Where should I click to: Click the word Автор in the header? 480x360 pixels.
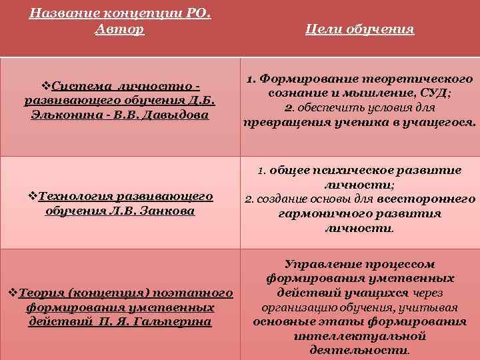pyautogui.click(x=120, y=30)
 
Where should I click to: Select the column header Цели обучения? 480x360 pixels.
pyautogui.click(x=359, y=29)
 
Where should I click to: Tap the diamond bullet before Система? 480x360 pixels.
pyautogui.click(x=46, y=85)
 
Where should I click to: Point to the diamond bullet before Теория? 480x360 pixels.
pyautogui.click(x=11, y=293)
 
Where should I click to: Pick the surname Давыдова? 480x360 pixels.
pyautogui.click(x=181, y=115)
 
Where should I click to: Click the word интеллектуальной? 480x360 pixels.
pyautogui.click(x=359, y=336)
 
